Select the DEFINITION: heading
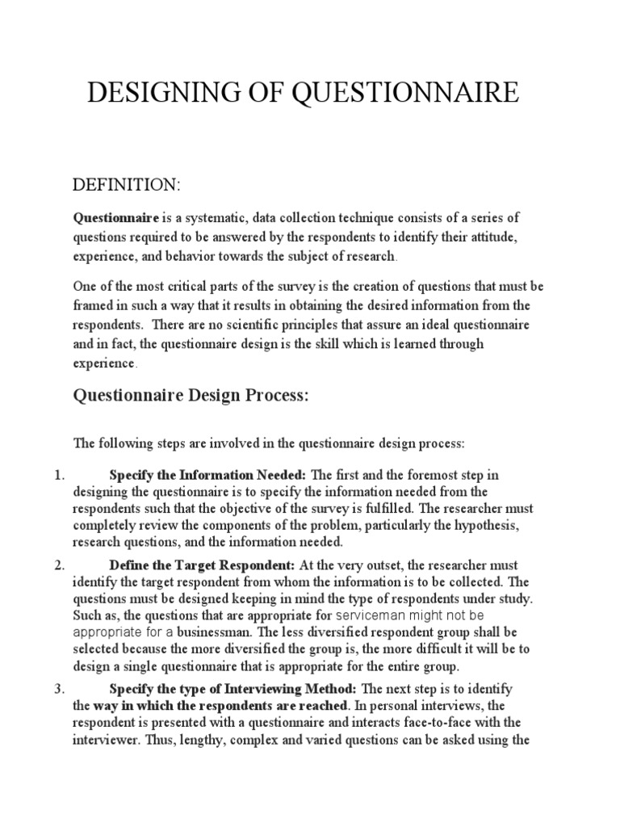point(127,186)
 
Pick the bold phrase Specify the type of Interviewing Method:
point(233,688)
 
